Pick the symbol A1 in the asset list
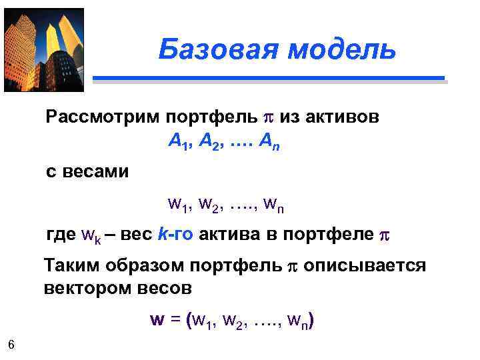178,141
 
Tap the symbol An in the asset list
269,141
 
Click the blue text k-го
175,235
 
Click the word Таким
68,266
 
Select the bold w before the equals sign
157,320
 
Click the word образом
139,266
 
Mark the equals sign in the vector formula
175,320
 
